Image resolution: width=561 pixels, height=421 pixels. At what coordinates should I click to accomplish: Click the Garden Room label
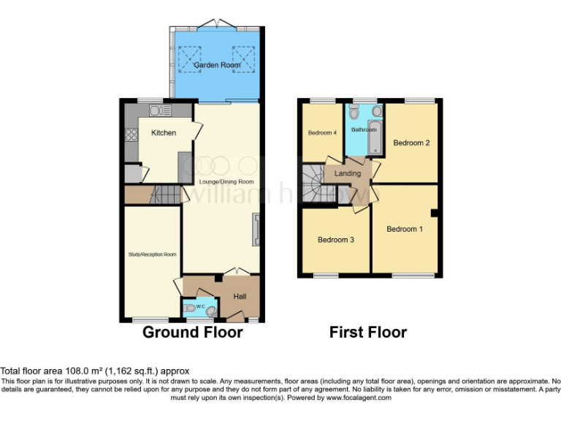click(x=217, y=66)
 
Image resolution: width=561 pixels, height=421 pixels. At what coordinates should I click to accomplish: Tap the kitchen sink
click(x=159, y=111)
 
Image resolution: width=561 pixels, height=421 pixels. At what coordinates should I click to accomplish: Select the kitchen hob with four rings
click(x=132, y=134)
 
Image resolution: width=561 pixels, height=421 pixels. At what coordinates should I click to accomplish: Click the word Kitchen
click(x=164, y=133)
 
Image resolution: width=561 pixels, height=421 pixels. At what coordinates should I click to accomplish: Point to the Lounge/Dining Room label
click(x=226, y=181)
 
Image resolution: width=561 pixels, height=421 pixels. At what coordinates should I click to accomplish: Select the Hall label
click(x=239, y=297)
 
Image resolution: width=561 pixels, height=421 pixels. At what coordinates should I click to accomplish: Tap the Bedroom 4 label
click(x=322, y=133)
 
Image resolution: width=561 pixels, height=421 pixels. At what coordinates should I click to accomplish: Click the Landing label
click(x=348, y=174)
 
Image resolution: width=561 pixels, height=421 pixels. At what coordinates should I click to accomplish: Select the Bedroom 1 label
click(x=405, y=230)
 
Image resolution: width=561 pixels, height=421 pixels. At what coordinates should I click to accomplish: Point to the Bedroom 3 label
click(x=336, y=240)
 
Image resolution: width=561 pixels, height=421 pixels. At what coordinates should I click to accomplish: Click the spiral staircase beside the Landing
click(x=313, y=183)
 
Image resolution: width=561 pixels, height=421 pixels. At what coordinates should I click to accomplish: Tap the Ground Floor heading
click(x=192, y=333)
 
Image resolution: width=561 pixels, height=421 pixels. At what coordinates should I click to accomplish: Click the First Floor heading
click(x=367, y=333)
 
